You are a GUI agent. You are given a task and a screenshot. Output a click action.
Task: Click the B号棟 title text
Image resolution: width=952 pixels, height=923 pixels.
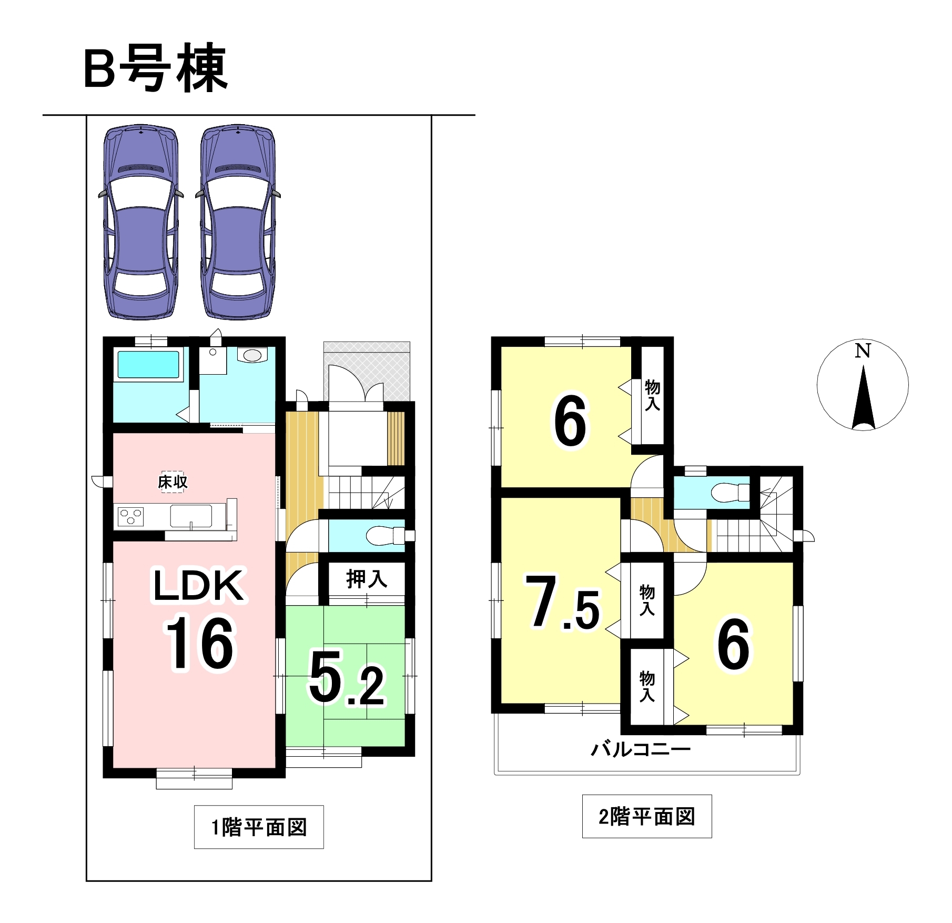[x=156, y=68]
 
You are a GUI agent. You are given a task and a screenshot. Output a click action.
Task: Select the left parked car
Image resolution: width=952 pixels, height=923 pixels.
[x=140, y=222]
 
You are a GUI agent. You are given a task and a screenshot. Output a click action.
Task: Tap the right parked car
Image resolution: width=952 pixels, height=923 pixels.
[x=238, y=222]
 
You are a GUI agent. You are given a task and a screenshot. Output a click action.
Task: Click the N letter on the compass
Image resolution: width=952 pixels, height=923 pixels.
[x=863, y=350]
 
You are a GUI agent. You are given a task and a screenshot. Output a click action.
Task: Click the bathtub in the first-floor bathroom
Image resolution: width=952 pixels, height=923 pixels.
[x=148, y=364]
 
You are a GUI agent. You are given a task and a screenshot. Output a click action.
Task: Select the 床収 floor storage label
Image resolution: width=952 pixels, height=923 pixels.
[x=173, y=481]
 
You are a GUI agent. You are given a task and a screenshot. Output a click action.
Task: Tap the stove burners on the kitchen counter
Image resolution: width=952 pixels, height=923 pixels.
[x=130, y=517]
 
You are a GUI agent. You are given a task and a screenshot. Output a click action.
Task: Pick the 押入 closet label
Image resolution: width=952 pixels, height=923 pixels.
[x=367, y=579]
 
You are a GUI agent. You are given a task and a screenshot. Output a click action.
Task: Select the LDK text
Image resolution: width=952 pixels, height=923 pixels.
[x=199, y=585]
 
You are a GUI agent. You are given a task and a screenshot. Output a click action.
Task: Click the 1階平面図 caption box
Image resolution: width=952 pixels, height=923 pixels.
[x=259, y=827]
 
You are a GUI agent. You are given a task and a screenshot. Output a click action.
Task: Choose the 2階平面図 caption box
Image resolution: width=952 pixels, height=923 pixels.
[x=647, y=816]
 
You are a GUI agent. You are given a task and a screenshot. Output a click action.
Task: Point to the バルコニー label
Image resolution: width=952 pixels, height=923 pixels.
[x=641, y=749]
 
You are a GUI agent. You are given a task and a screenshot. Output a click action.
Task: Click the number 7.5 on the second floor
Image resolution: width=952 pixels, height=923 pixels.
[x=562, y=602]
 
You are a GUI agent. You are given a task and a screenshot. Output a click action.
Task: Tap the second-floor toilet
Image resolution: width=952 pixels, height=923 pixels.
[x=731, y=493]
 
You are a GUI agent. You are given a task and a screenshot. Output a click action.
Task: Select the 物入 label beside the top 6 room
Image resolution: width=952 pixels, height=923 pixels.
[x=652, y=395]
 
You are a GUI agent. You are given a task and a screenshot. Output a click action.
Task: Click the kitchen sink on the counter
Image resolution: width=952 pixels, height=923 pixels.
[x=191, y=516]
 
